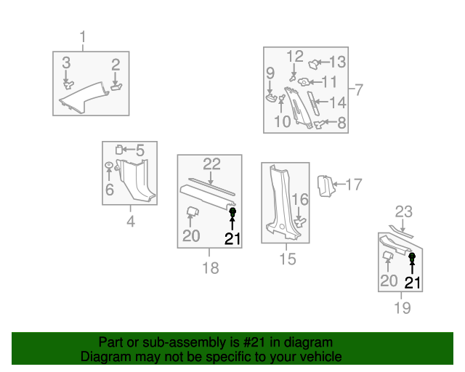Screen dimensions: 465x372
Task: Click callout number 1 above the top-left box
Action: (83, 37)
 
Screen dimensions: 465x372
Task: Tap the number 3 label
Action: (66, 63)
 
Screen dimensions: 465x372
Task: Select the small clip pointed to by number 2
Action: (116, 86)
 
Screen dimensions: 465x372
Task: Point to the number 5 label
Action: (140, 150)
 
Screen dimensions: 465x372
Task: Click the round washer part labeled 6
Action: (109, 164)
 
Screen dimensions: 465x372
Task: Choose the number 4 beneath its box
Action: (131, 222)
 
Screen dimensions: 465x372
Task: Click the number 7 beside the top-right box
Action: (359, 89)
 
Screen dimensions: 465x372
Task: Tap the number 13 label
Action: (337, 62)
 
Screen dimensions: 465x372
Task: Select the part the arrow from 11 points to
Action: (304, 82)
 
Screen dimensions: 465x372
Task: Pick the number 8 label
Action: (342, 123)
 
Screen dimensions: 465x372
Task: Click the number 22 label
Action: (211, 164)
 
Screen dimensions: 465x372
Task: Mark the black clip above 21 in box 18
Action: (232, 212)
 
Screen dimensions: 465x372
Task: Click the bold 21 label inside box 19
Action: (413, 283)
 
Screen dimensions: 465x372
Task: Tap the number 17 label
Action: (354, 185)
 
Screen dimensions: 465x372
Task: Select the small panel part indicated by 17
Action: (325, 186)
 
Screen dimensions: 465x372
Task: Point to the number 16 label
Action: (300, 199)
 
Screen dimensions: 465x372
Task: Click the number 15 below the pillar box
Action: (288, 259)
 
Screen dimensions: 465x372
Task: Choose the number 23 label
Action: (404, 212)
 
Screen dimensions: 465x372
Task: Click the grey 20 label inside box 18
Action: (191, 236)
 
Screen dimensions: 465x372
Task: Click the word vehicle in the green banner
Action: (325, 357)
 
